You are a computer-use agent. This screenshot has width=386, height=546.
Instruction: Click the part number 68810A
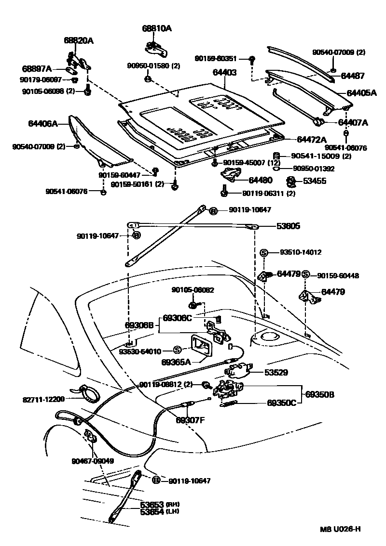(x=156, y=28)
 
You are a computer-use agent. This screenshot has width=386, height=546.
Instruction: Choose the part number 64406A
(x=42, y=124)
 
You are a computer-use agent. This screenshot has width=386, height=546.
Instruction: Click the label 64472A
(x=311, y=140)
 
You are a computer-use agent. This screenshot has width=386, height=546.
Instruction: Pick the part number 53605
(x=288, y=226)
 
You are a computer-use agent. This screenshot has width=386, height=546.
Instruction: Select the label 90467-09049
(x=93, y=461)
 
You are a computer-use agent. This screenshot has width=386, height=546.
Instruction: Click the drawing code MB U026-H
(x=340, y=529)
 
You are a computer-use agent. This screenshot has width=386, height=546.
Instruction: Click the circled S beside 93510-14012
(x=264, y=252)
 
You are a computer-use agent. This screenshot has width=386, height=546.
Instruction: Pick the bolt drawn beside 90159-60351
(x=252, y=60)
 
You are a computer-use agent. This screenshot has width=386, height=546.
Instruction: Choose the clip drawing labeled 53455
(x=291, y=182)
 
